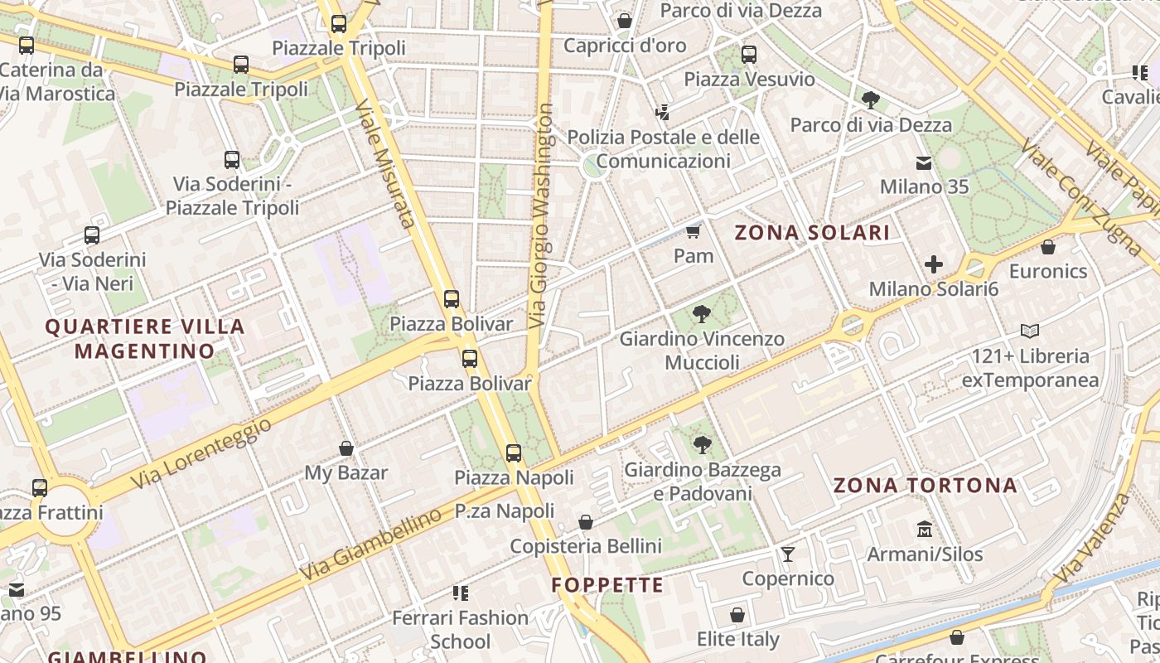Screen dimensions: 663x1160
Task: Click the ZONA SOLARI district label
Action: click(812, 233)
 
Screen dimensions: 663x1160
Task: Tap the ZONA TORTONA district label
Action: click(925, 486)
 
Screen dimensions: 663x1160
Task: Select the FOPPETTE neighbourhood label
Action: click(607, 585)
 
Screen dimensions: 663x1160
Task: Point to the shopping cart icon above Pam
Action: click(694, 231)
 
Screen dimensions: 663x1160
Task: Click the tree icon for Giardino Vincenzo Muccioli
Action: click(702, 313)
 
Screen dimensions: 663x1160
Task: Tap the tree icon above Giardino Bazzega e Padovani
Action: click(702, 445)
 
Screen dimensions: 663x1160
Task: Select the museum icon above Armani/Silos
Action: click(925, 529)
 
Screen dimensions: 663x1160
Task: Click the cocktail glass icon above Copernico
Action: click(787, 554)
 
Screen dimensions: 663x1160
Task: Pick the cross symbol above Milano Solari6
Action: click(934, 264)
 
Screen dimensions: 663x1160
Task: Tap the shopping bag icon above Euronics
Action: click(1048, 247)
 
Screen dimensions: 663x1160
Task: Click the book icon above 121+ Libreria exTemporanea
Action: click(1030, 331)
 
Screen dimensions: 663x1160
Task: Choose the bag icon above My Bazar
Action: click(346, 448)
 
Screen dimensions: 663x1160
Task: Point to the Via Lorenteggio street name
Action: click(201, 452)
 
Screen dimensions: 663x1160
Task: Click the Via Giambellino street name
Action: click(370, 544)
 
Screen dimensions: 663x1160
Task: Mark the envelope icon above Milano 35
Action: click(923, 162)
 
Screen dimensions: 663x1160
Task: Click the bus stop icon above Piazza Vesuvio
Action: click(749, 55)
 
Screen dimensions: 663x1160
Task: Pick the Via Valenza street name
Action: click(1094, 538)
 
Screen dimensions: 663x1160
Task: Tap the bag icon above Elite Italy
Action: click(737, 615)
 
